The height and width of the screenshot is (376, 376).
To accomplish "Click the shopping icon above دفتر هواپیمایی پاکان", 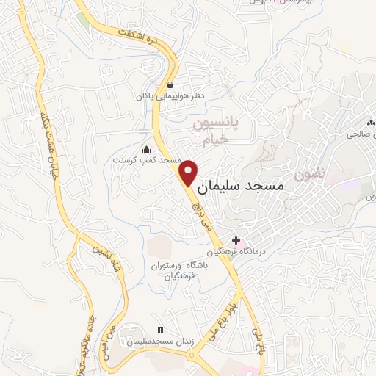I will click(170, 84).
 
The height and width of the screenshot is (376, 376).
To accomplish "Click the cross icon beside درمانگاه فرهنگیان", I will click(236, 239).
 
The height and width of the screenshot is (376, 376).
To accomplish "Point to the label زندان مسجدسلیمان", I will click(160, 341).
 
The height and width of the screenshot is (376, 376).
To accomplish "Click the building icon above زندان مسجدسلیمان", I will click(161, 330).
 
